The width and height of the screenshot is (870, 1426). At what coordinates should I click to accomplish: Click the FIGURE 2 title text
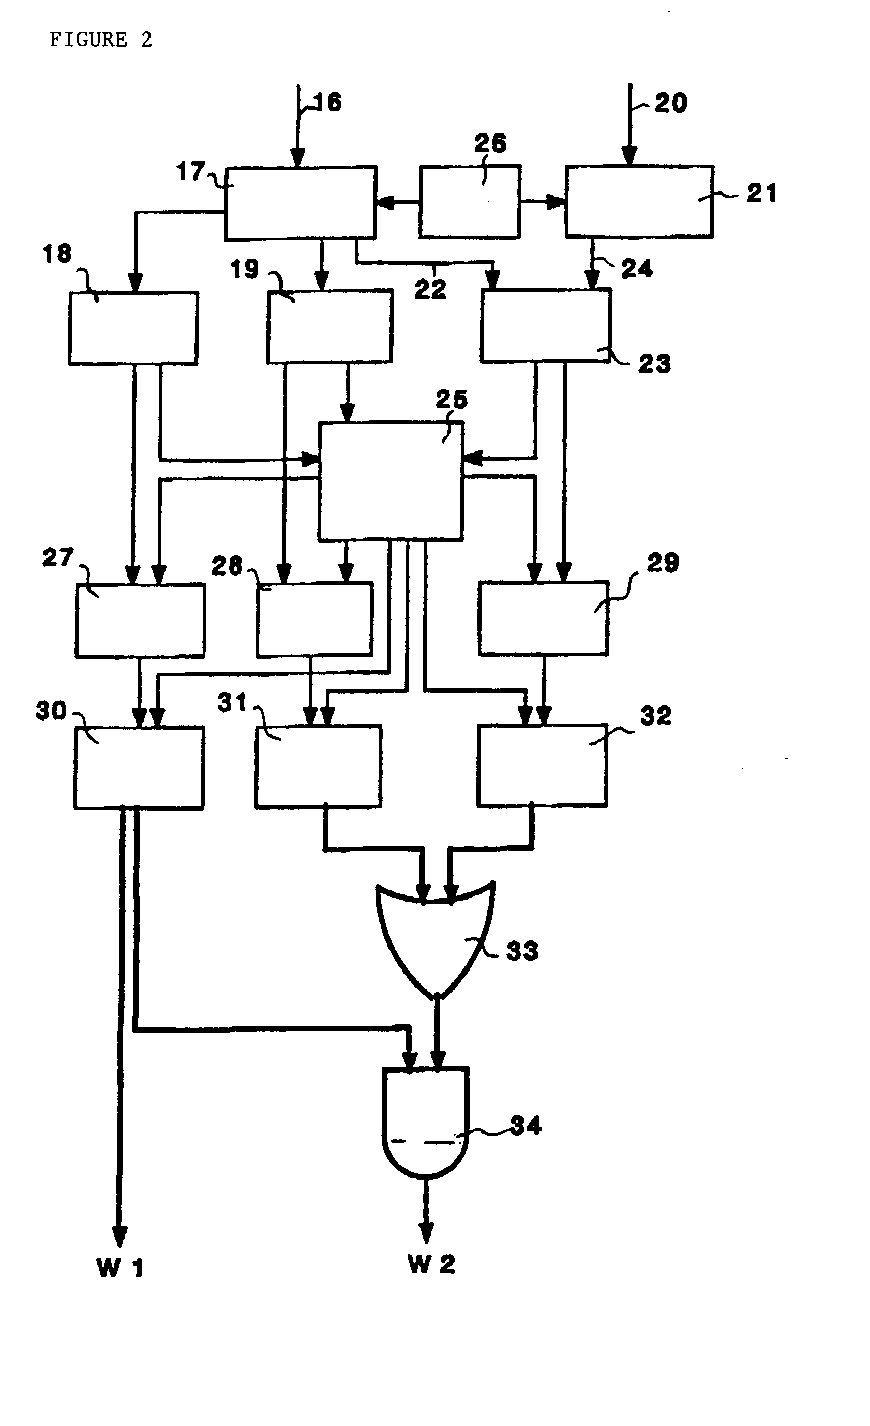click(x=101, y=40)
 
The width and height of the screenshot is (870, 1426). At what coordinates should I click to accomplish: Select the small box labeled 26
click(x=469, y=202)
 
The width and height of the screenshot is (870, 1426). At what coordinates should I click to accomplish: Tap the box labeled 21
click(x=639, y=201)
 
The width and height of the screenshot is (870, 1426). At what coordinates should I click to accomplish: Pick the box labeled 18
click(x=133, y=328)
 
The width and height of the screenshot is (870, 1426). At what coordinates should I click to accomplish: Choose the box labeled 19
click(x=329, y=327)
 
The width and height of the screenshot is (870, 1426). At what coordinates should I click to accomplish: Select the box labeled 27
click(x=140, y=621)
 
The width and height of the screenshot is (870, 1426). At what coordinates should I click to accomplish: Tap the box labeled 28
click(x=314, y=619)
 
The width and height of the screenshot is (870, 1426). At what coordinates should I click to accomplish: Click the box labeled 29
click(x=543, y=618)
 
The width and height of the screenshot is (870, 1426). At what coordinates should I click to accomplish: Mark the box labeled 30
click(x=139, y=767)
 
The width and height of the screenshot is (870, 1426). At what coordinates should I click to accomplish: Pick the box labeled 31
click(x=318, y=766)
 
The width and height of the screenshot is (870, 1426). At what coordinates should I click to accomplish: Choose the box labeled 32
click(x=542, y=765)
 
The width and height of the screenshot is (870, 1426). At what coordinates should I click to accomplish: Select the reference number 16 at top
click(x=328, y=102)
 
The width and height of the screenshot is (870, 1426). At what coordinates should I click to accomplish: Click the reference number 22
click(x=430, y=289)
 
